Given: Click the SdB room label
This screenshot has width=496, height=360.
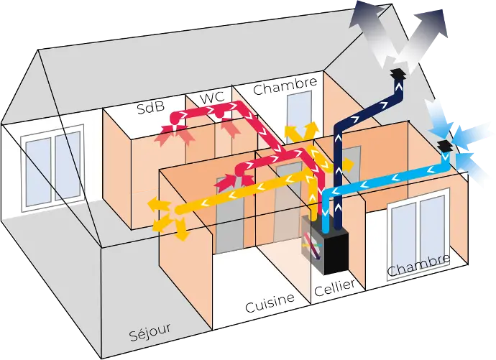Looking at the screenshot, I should [151, 108].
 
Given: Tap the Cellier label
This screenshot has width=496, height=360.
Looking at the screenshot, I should [334, 287].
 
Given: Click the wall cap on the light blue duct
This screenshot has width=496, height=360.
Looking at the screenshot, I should [446, 147].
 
